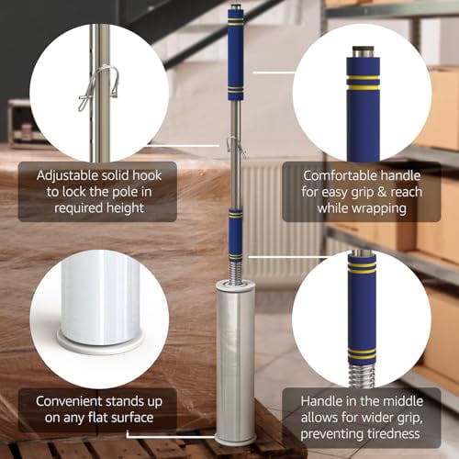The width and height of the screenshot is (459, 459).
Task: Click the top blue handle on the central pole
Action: click(x=235, y=60)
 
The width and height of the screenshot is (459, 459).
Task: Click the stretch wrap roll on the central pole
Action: click(x=235, y=358)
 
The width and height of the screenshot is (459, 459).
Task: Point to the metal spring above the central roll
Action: click(x=235, y=271)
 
